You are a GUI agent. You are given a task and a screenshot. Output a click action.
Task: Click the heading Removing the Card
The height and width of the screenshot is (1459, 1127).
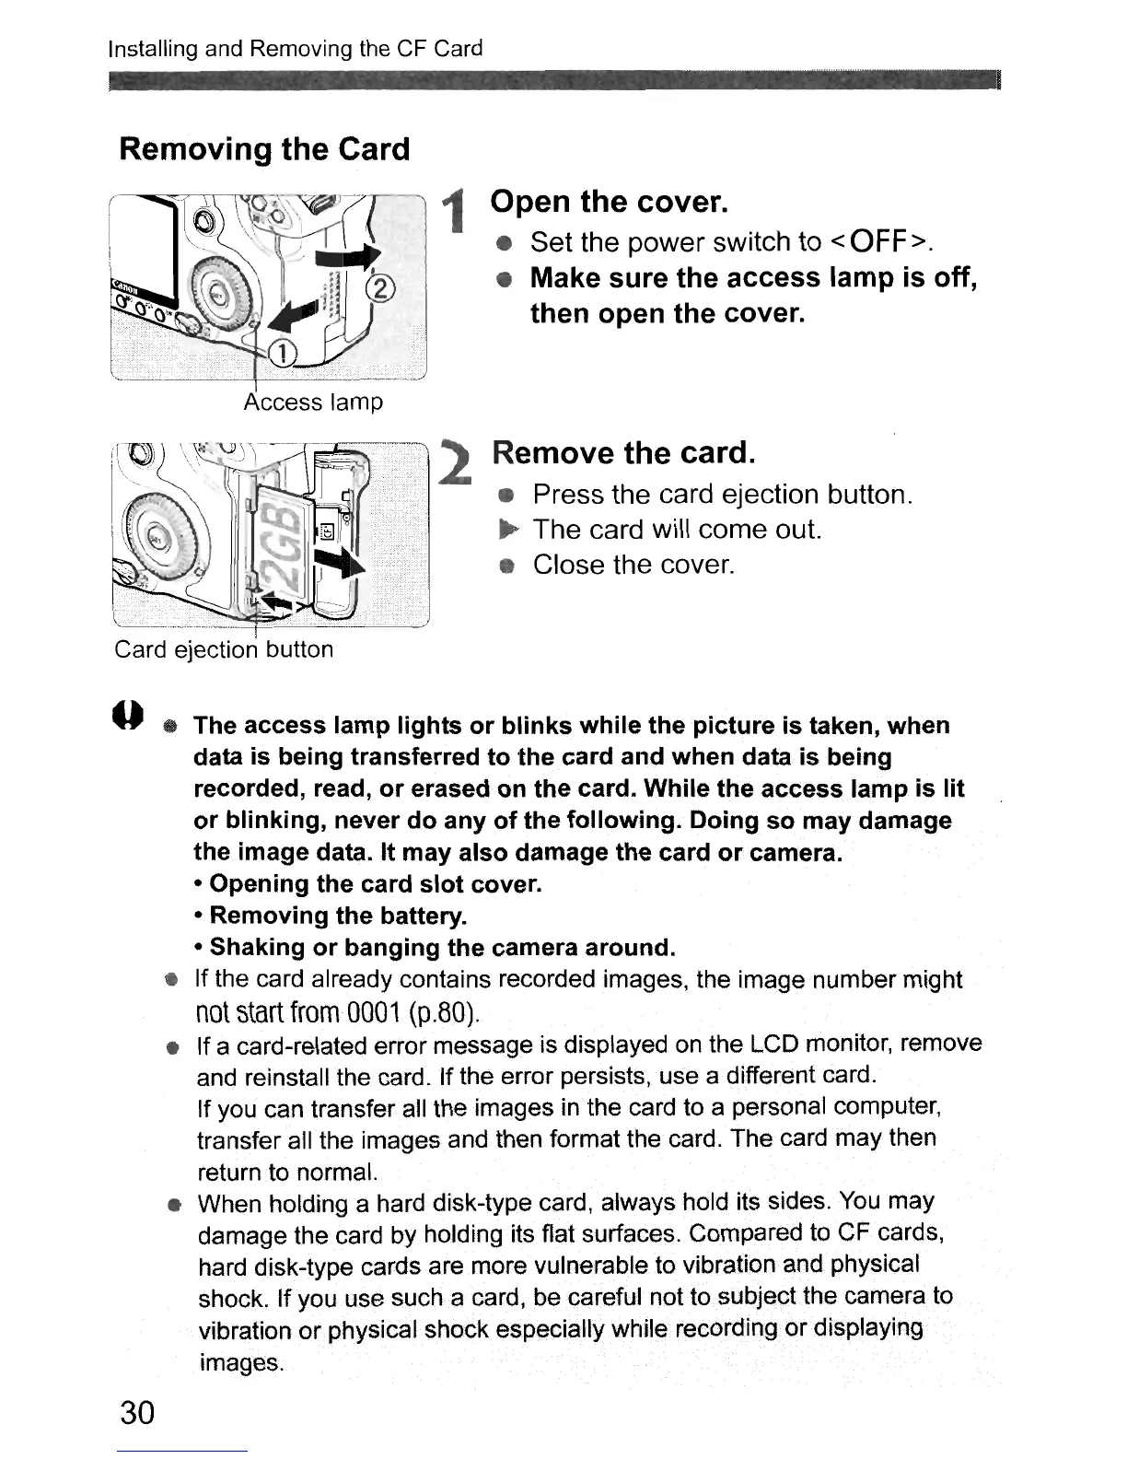(x=264, y=149)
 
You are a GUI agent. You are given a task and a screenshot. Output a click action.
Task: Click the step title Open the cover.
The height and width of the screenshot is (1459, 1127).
(x=610, y=201)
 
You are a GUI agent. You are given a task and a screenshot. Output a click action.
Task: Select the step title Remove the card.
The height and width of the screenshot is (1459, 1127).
(x=623, y=453)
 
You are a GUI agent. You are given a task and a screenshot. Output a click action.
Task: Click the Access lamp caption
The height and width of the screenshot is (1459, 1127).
(x=313, y=403)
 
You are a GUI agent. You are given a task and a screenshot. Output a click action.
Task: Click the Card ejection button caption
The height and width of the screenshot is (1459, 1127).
(x=224, y=649)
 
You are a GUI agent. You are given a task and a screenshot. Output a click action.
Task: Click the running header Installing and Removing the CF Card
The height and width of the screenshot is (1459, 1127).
(x=296, y=49)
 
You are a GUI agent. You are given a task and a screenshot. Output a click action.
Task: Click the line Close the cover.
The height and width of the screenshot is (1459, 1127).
(x=633, y=565)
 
